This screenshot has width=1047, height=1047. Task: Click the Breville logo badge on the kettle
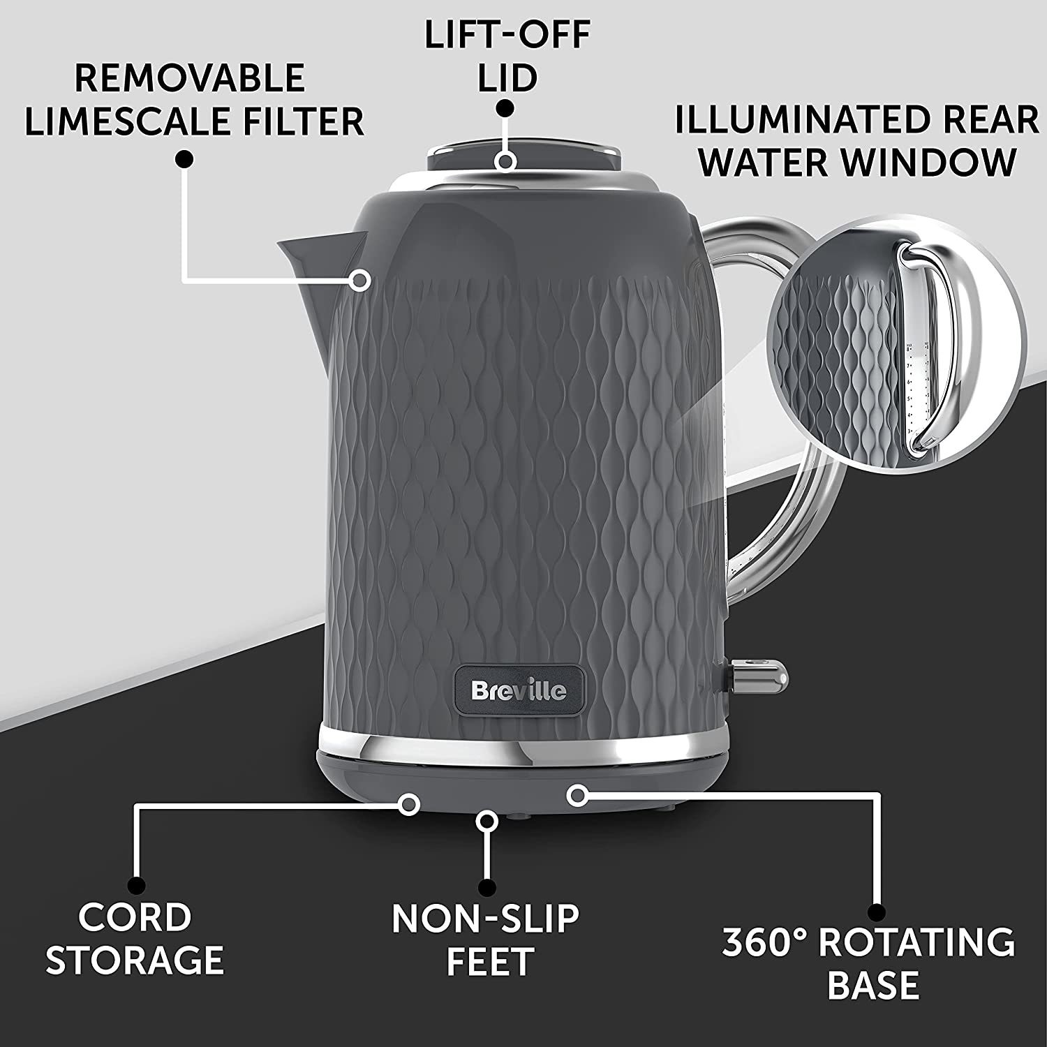pos(519,691)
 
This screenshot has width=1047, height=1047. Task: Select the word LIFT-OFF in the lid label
pos(507,36)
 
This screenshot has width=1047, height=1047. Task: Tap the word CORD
pos(135,916)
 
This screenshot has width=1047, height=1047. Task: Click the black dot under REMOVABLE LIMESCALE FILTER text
pos(184,160)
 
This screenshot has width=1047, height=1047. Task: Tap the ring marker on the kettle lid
pos(506,161)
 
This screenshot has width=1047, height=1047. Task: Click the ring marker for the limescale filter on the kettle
pos(360,281)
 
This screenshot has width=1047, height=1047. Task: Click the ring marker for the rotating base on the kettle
pos(576,794)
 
